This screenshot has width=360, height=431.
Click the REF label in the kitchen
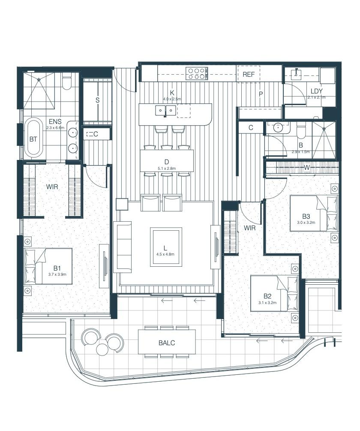pyautogui.click(x=249, y=75)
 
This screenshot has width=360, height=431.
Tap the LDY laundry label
pyautogui.click(x=316, y=91)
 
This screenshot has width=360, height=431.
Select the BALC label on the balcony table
pyautogui.click(x=167, y=343)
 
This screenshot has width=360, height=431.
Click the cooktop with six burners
pyautogui.click(x=197, y=74)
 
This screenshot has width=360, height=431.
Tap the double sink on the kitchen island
pyautogui.click(x=165, y=111)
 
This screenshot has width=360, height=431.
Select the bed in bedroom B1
pyautogui.click(x=48, y=266)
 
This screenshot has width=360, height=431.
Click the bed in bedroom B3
pyautogui.click(x=314, y=213)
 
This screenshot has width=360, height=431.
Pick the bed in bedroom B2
pyautogui.click(x=274, y=294)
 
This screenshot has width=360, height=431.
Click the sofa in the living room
pyautogui.click(x=123, y=247)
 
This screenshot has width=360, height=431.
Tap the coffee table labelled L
pyautogui.click(x=166, y=247)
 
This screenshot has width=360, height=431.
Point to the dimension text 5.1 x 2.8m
pyautogui.click(x=167, y=168)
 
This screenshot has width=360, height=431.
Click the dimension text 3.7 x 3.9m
pyautogui.click(x=57, y=274)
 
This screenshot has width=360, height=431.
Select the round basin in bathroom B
pyautogui.click(x=278, y=127)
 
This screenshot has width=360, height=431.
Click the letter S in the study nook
pyautogui.click(x=97, y=100)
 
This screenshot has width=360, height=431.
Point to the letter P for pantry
pyautogui.click(x=261, y=94)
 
